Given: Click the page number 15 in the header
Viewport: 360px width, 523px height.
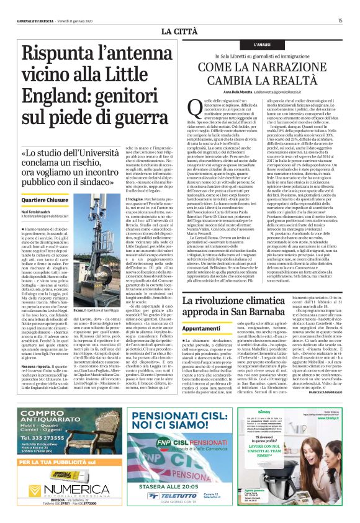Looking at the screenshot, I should (340, 20).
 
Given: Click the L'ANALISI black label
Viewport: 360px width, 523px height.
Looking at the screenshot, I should (263, 45).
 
